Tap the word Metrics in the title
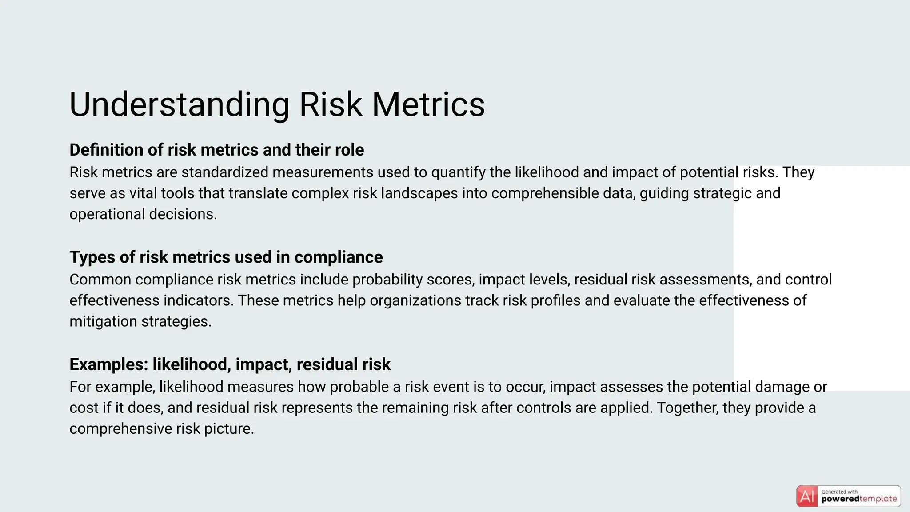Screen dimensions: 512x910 pyautogui.click(x=428, y=105)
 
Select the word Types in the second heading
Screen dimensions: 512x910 pyautogui.click(x=88, y=257)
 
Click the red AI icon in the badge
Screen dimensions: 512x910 pyautogui.click(x=807, y=496)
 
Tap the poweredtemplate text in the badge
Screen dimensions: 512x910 pyautogui.click(x=859, y=499)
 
